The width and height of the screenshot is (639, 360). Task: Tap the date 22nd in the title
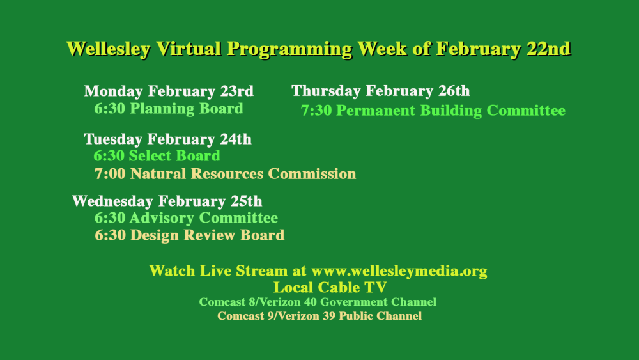click(548, 49)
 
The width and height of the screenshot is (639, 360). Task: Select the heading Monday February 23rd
click(169, 91)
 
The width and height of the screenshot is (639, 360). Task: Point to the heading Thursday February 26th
click(380, 91)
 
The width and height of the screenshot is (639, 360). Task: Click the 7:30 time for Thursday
click(316, 111)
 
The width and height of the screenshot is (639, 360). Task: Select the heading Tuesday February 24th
click(167, 139)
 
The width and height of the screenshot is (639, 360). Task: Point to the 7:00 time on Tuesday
click(110, 174)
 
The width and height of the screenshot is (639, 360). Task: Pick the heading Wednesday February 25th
click(167, 201)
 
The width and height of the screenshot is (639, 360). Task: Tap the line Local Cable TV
click(330, 287)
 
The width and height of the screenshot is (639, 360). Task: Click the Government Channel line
click(318, 302)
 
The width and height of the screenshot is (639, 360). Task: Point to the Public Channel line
click(319, 316)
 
